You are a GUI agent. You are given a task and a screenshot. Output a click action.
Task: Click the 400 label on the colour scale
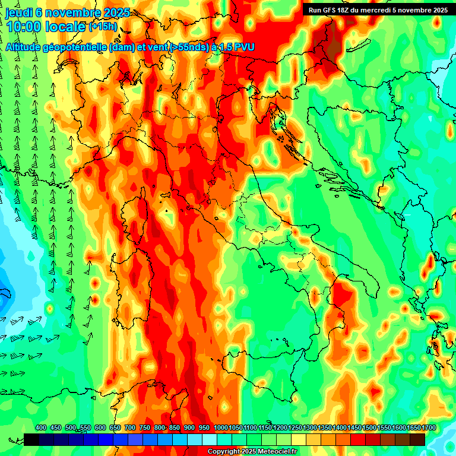point(41,427)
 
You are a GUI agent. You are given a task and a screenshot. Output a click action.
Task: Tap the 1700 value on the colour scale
point(413,427)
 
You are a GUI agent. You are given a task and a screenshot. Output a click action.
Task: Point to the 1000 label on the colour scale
point(220,427)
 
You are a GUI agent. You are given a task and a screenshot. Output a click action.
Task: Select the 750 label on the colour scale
point(144,427)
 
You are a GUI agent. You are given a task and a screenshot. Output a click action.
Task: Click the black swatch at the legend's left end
point(31,439)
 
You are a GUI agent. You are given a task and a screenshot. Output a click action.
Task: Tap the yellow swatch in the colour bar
point(299,439)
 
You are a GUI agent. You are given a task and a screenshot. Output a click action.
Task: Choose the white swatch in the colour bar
point(210,439)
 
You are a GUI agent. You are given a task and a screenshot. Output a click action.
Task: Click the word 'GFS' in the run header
point(331,10)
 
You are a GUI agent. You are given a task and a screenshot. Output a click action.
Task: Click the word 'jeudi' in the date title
point(18,12)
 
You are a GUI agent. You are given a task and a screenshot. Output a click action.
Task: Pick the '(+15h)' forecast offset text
point(103,27)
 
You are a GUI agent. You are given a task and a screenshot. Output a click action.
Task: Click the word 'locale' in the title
point(66,27)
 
